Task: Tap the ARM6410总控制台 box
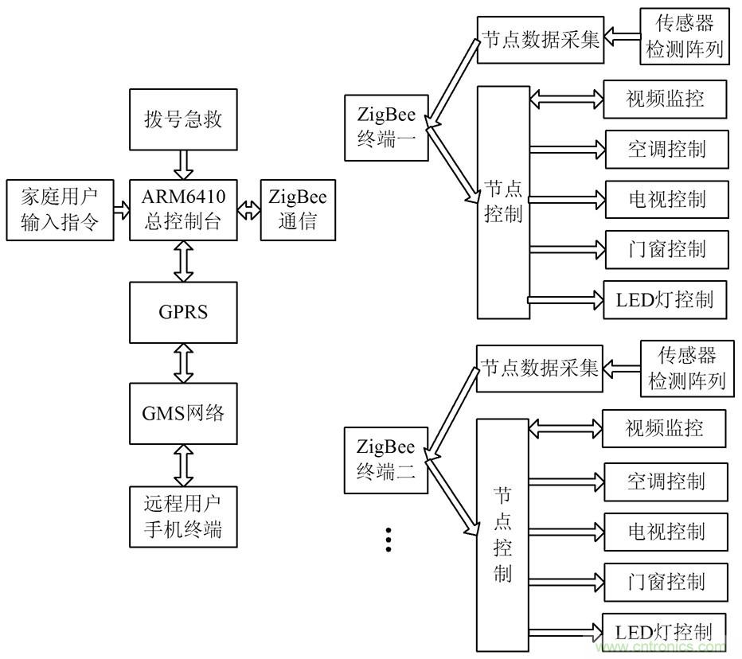point(184,210)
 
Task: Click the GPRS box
point(184,311)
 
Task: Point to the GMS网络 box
point(184,414)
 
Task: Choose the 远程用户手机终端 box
point(184,517)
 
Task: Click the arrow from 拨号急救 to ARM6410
point(184,166)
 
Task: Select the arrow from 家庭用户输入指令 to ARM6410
point(122,210)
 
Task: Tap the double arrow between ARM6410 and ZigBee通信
point(249,211)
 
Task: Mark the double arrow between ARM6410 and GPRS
point(184,261)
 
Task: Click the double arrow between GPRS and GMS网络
point(184,362)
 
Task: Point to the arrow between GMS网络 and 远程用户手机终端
point(184,466)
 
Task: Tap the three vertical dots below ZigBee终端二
point(389,539)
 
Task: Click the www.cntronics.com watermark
point(668,646)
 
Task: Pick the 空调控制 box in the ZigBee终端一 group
point(666,149)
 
